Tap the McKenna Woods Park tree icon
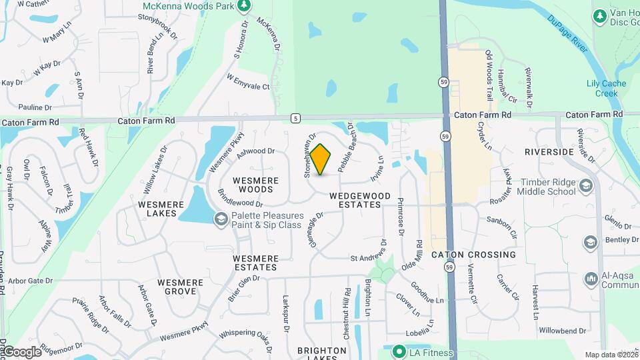click(x=244, y=6)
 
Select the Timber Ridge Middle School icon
click(x=586, y=185)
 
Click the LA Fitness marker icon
click(x=399, y=351)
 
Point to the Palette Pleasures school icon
click(x=220, y=219)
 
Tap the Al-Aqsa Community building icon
click(x=591, y=278)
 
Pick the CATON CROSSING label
click(x=473, y=255)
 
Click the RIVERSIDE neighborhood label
click(x=549, y=152)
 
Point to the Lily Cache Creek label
click(x=602, y=89)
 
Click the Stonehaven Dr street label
click(x=309, y=154)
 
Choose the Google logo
click(x=21, y=351)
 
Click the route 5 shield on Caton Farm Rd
click(x=295, y=118)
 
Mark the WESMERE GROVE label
click(x=180, y=287)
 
